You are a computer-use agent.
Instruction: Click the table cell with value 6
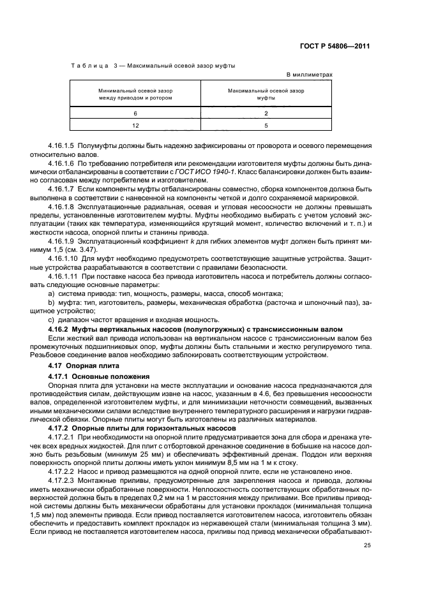tap(135, 113)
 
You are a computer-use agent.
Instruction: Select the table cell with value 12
tap(135, 126)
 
